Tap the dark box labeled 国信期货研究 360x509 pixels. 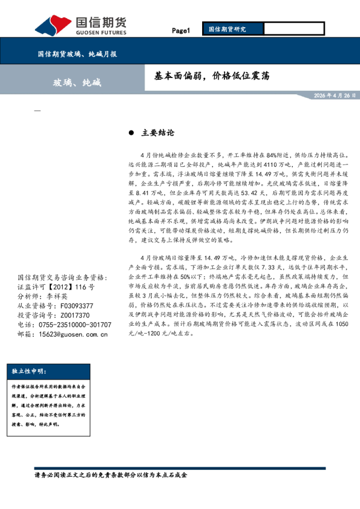coord(232,28)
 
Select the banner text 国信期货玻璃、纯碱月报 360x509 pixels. coord(77,54)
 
